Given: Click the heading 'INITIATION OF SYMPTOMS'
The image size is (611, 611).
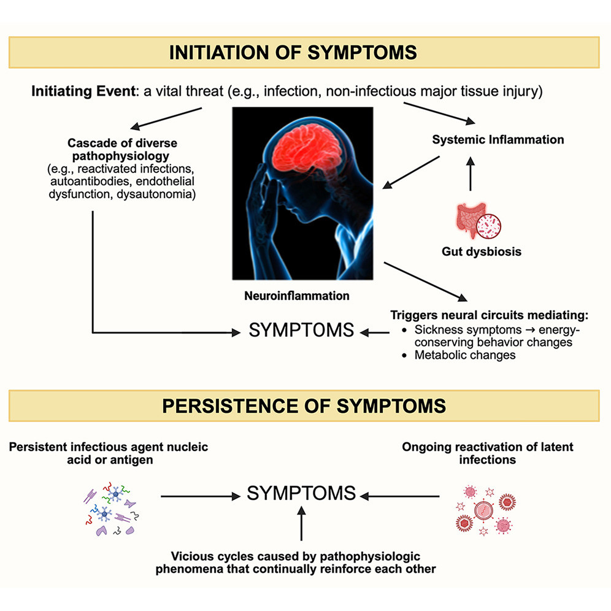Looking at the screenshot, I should tap(304, 52).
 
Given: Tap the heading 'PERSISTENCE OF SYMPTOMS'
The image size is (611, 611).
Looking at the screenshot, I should tap(304, 405).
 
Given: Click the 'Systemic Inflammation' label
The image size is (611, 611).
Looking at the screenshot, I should tap(498, 139).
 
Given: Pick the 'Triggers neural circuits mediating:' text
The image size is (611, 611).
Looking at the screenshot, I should tap(489, 316).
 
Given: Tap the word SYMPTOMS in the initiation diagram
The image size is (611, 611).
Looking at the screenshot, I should tap(301, 331).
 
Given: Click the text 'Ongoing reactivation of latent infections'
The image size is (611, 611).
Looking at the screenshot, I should tap(488, 453).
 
